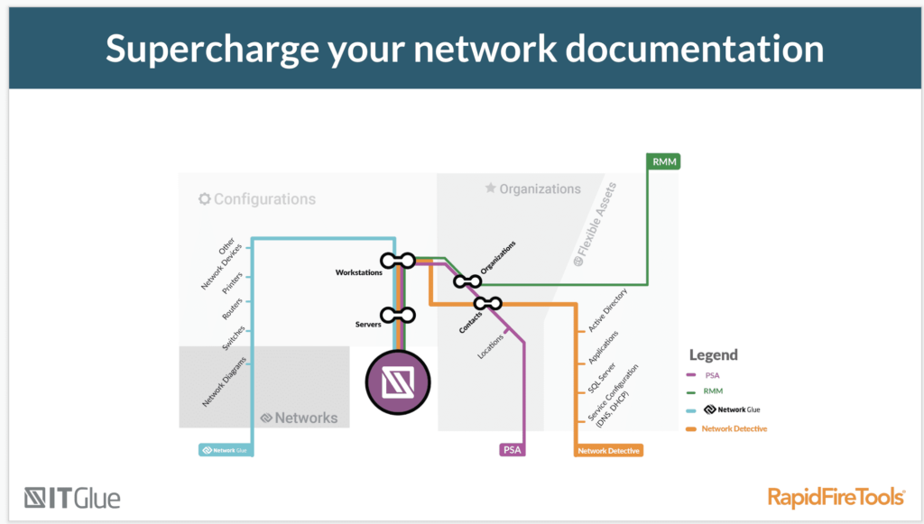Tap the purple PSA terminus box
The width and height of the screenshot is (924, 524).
click(512, 449)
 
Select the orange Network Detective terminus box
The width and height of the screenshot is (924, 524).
click(609, 449)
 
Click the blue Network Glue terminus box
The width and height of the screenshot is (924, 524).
click(224, 448)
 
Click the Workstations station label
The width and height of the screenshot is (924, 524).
click(358, 272)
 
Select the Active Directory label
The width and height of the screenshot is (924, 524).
click(608, 311)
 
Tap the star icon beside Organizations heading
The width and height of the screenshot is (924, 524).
click(491, 188)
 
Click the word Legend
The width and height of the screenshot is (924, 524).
click(714, 355)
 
